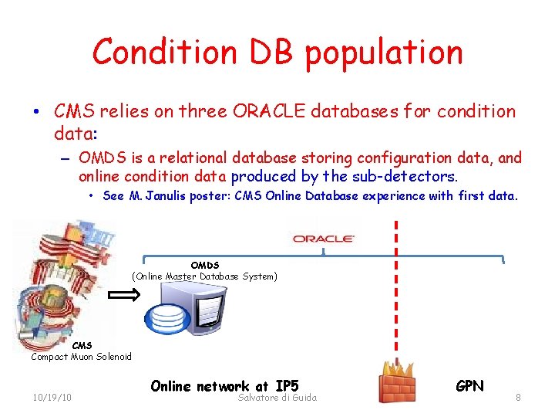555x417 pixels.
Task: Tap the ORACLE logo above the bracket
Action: click(324, 239)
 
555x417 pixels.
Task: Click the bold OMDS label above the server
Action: click(205, 265)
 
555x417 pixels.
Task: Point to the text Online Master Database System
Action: click(205, 276)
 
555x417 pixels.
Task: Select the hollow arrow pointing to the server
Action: click(123, 295)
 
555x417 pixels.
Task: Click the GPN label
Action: click(469, 385)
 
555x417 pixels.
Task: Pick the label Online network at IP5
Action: click(224, 385)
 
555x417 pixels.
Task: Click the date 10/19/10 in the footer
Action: click(52, 397)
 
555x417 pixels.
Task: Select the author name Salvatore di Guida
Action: click(278, 397)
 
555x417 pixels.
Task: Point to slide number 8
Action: click(519, 397)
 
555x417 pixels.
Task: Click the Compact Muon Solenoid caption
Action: click(81, 356)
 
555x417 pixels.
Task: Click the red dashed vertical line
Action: click(396, 293)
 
